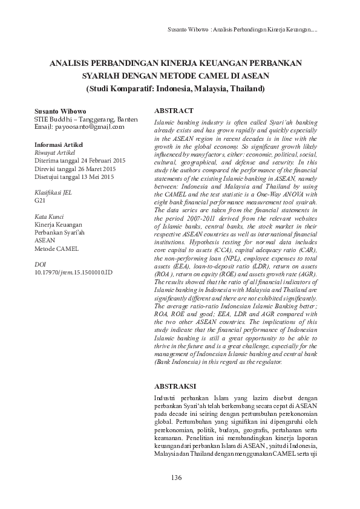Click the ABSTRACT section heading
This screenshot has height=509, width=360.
click(x=174, y=111)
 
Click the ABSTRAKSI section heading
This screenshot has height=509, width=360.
click(x=175, y=384)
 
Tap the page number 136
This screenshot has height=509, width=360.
click(x=177, y=478)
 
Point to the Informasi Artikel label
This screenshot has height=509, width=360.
click(x=59, y=146)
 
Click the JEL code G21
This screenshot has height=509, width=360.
click(x=40, y=199)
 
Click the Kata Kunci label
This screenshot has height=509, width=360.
click(x=49, y=216)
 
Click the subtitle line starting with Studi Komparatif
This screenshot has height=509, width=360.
click(x=175, y=88)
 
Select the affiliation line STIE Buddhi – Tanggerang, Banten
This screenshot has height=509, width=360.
click(x=85, y=120)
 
